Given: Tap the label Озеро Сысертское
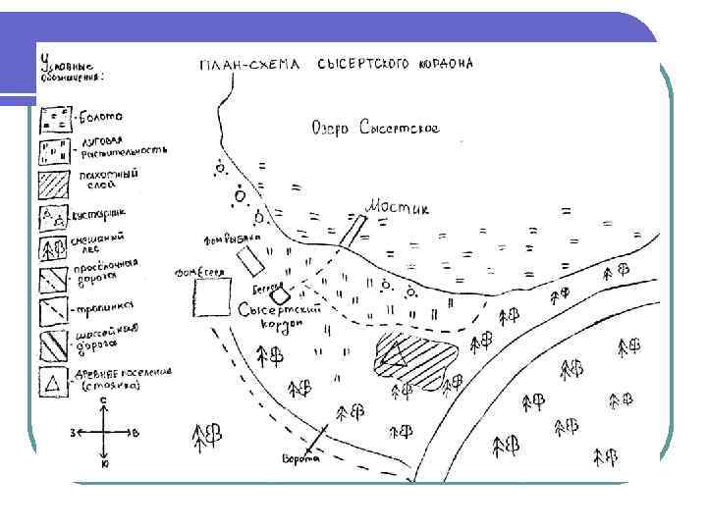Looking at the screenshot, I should tap(374, 129).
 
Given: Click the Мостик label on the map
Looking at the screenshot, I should tap(398, 207).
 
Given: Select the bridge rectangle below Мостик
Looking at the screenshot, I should tap(354, 229).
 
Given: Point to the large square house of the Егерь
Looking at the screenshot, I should tap(212, 298).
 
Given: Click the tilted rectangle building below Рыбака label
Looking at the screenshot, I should tap(253, 259).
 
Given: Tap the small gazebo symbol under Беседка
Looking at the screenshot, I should tap(279, 293).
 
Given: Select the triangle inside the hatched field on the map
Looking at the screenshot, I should tap(395, 354).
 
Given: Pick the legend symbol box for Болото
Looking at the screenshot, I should tap(55, 119).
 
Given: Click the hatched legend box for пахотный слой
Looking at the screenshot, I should tap(55, 184).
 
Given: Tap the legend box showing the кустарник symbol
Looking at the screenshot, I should tap(54, 216).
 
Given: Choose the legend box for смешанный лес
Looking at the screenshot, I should tap(55, 248).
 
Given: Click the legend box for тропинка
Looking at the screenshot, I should tap(55, 314).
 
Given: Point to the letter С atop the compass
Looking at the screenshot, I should tap(104, 400).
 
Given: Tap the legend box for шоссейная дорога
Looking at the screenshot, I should tap(55, 346).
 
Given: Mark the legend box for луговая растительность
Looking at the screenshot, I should tap(55, 151).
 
